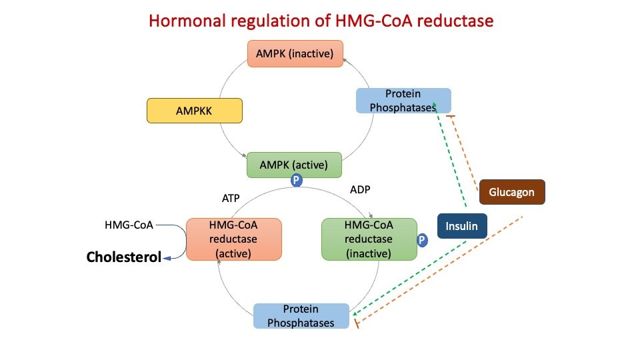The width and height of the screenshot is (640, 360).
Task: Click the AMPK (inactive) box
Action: pyautogui.click(x=295, y=53)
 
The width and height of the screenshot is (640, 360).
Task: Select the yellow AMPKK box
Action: pyautogui.click(x=194, y=111)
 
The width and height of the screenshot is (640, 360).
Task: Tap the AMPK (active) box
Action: pyautogui.click(x=295, y=165)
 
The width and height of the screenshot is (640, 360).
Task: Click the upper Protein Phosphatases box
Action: pyautogui.click(x=403, y=101)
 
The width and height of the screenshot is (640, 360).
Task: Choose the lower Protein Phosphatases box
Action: pyautogui.click(x=301, y=316)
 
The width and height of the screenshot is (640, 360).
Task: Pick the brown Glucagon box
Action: pyautogui.click(x=511, y=192)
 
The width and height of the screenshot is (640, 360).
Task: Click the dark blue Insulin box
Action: pyautogui.click(x=462, y=226)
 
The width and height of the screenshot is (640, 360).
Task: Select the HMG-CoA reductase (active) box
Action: pyautogui.click(x=233, y=239)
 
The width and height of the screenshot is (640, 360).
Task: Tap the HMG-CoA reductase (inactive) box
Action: pyautogui.click(x=369, y=239)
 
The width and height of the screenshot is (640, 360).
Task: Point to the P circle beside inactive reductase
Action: pyautogui.click(x=421, y=240)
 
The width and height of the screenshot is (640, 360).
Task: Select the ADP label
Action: pyautogui.click(x=360, y=189)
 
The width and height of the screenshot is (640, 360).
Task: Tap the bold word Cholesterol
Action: pyautogui.click(x=124, y=257)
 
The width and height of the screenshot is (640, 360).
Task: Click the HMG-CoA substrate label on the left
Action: pyautogui.click(x=129, y=225)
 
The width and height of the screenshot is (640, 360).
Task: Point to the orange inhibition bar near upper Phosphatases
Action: pyautogui.click(x=450, y=117)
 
